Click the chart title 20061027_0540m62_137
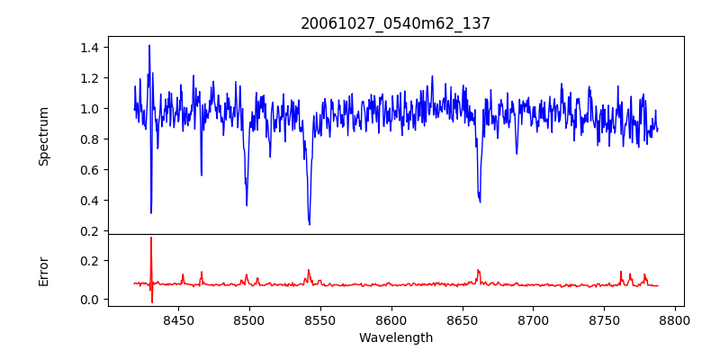[x=395, y=23]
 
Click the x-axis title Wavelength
[x=395, y=338]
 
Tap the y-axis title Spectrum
[x=43, y=136]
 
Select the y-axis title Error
[x=43, y=270]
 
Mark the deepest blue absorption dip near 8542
[x=310, y=224]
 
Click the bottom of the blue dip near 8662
[x=480, y=202]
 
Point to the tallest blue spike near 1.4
[x=149, y=45]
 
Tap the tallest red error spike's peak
[x=151, y=238]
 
